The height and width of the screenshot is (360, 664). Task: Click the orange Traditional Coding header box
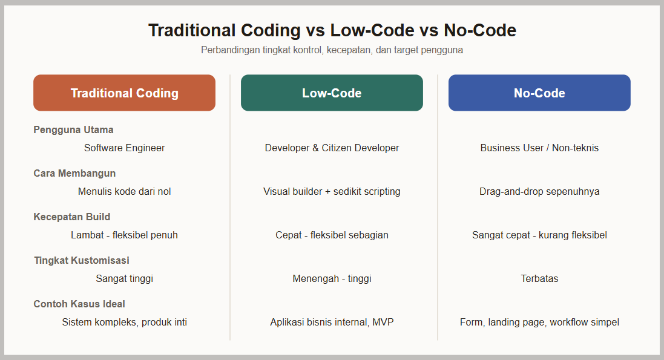click(125, 93)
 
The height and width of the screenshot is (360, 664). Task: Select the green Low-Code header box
click(332, 93)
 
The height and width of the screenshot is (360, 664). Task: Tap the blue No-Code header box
click(539, 93)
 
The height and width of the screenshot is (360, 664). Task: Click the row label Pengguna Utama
click(73, 129)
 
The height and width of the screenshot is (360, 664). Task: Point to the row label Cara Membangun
click(74, 173)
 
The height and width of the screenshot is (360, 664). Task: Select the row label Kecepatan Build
click(72, 217)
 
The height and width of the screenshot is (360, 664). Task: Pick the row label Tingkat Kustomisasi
click(82, 260)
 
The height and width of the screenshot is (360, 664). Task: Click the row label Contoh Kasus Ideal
click(79, 304)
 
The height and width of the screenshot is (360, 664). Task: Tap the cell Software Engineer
click(125, 148)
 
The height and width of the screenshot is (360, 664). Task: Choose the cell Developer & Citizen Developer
click(332, 148)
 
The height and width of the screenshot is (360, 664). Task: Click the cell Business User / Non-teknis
click(539, 148)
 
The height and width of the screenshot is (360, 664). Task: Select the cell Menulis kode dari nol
click(125, 191)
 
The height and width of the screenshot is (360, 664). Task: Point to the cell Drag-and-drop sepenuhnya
click(539, 191)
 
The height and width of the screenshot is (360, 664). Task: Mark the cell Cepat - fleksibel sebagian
click(332, 235)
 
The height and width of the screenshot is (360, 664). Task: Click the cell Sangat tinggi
click(125, 279)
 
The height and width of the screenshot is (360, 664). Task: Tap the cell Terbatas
click(539, 279)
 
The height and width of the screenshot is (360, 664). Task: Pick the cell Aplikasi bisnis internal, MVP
click(332, 322)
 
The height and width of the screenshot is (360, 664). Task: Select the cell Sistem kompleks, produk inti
click(125, 322)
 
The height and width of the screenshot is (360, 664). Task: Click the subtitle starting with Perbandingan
click(332, 50)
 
